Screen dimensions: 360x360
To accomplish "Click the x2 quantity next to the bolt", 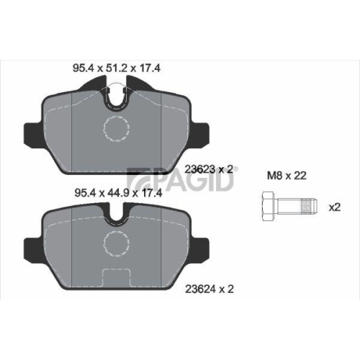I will click(x=334, y=207).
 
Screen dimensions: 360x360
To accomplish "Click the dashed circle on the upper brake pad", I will click(x=115, y=130).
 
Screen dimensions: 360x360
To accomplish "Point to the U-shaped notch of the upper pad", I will click(x=114, y=97).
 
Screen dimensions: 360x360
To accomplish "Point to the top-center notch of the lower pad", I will click(x=114, y=214).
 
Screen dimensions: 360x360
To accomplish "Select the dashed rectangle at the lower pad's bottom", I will click(x=115, y=277).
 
